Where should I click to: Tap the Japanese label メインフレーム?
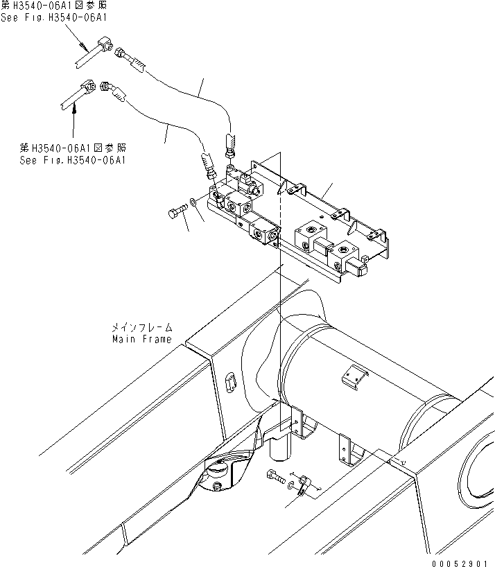coord(142,327)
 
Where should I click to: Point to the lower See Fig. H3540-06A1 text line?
coord(73,159)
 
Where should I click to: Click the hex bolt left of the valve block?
coord(178,211)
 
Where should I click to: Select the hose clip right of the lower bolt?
coord(303,485)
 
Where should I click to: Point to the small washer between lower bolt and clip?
coord(290,480)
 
